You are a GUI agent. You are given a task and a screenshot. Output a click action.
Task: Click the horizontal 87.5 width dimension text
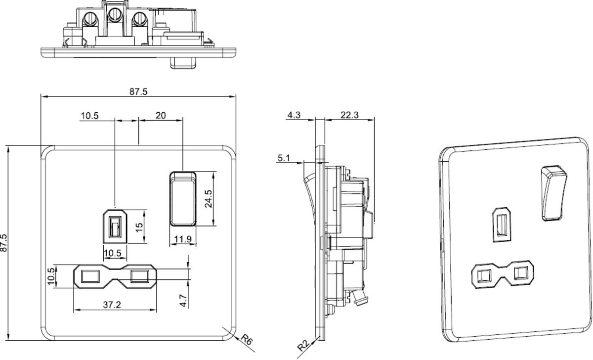click(138, 91)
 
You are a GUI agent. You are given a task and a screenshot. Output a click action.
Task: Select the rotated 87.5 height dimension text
click(4, 243)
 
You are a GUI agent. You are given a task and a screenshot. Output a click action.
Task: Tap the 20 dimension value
click(161, 116)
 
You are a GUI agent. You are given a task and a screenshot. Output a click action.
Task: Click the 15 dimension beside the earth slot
click(139, 226)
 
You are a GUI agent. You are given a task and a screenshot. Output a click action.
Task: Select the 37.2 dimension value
click(112, 305)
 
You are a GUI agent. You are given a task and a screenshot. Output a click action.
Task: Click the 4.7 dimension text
click(183, 300)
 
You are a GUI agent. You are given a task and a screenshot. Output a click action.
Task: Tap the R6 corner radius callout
click(246, 340)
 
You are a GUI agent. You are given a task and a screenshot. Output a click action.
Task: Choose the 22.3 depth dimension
click(349, 115)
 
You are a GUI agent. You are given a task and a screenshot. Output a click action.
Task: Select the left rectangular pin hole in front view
click(89, 275)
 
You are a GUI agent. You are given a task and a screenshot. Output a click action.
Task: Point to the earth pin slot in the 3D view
click(502, 225)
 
